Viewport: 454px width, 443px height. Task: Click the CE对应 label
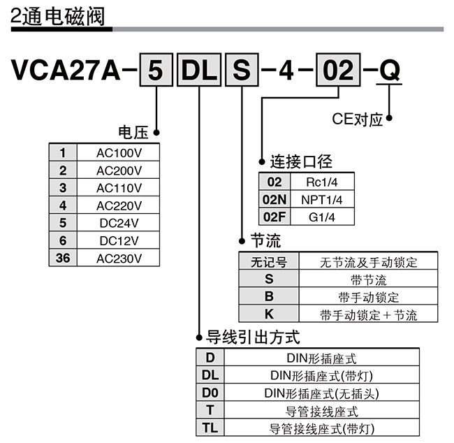tap(357, 119)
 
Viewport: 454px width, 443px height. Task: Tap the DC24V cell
tap(119, 224)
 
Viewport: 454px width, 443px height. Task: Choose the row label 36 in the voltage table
tap(63, 259)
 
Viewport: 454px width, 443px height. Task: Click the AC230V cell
tap(119, 259)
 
